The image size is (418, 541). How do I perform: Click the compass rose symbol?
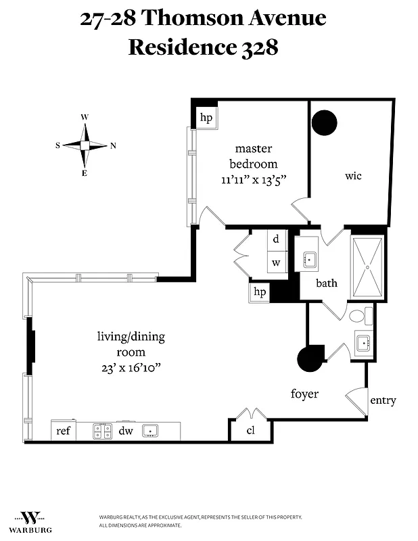point(85,145)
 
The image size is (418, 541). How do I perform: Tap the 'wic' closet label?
point(353,176)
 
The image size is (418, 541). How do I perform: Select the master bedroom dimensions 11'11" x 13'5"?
point(254,181)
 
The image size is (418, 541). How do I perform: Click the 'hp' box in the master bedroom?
point(206,118)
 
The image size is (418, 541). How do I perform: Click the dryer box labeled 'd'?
point(276,239)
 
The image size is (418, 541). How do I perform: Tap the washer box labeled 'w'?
point(276,262)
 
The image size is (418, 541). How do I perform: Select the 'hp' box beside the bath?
point(259,292)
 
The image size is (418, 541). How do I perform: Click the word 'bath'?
point(327,283)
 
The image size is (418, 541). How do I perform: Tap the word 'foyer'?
point(304,394)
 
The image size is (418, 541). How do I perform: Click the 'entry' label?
point(382,400)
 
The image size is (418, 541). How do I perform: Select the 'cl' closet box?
point(250,430)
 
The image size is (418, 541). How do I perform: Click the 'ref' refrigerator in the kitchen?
point(64,430)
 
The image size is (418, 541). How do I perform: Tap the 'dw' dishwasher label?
point(126,430)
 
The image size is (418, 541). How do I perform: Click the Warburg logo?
point(34,520)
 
